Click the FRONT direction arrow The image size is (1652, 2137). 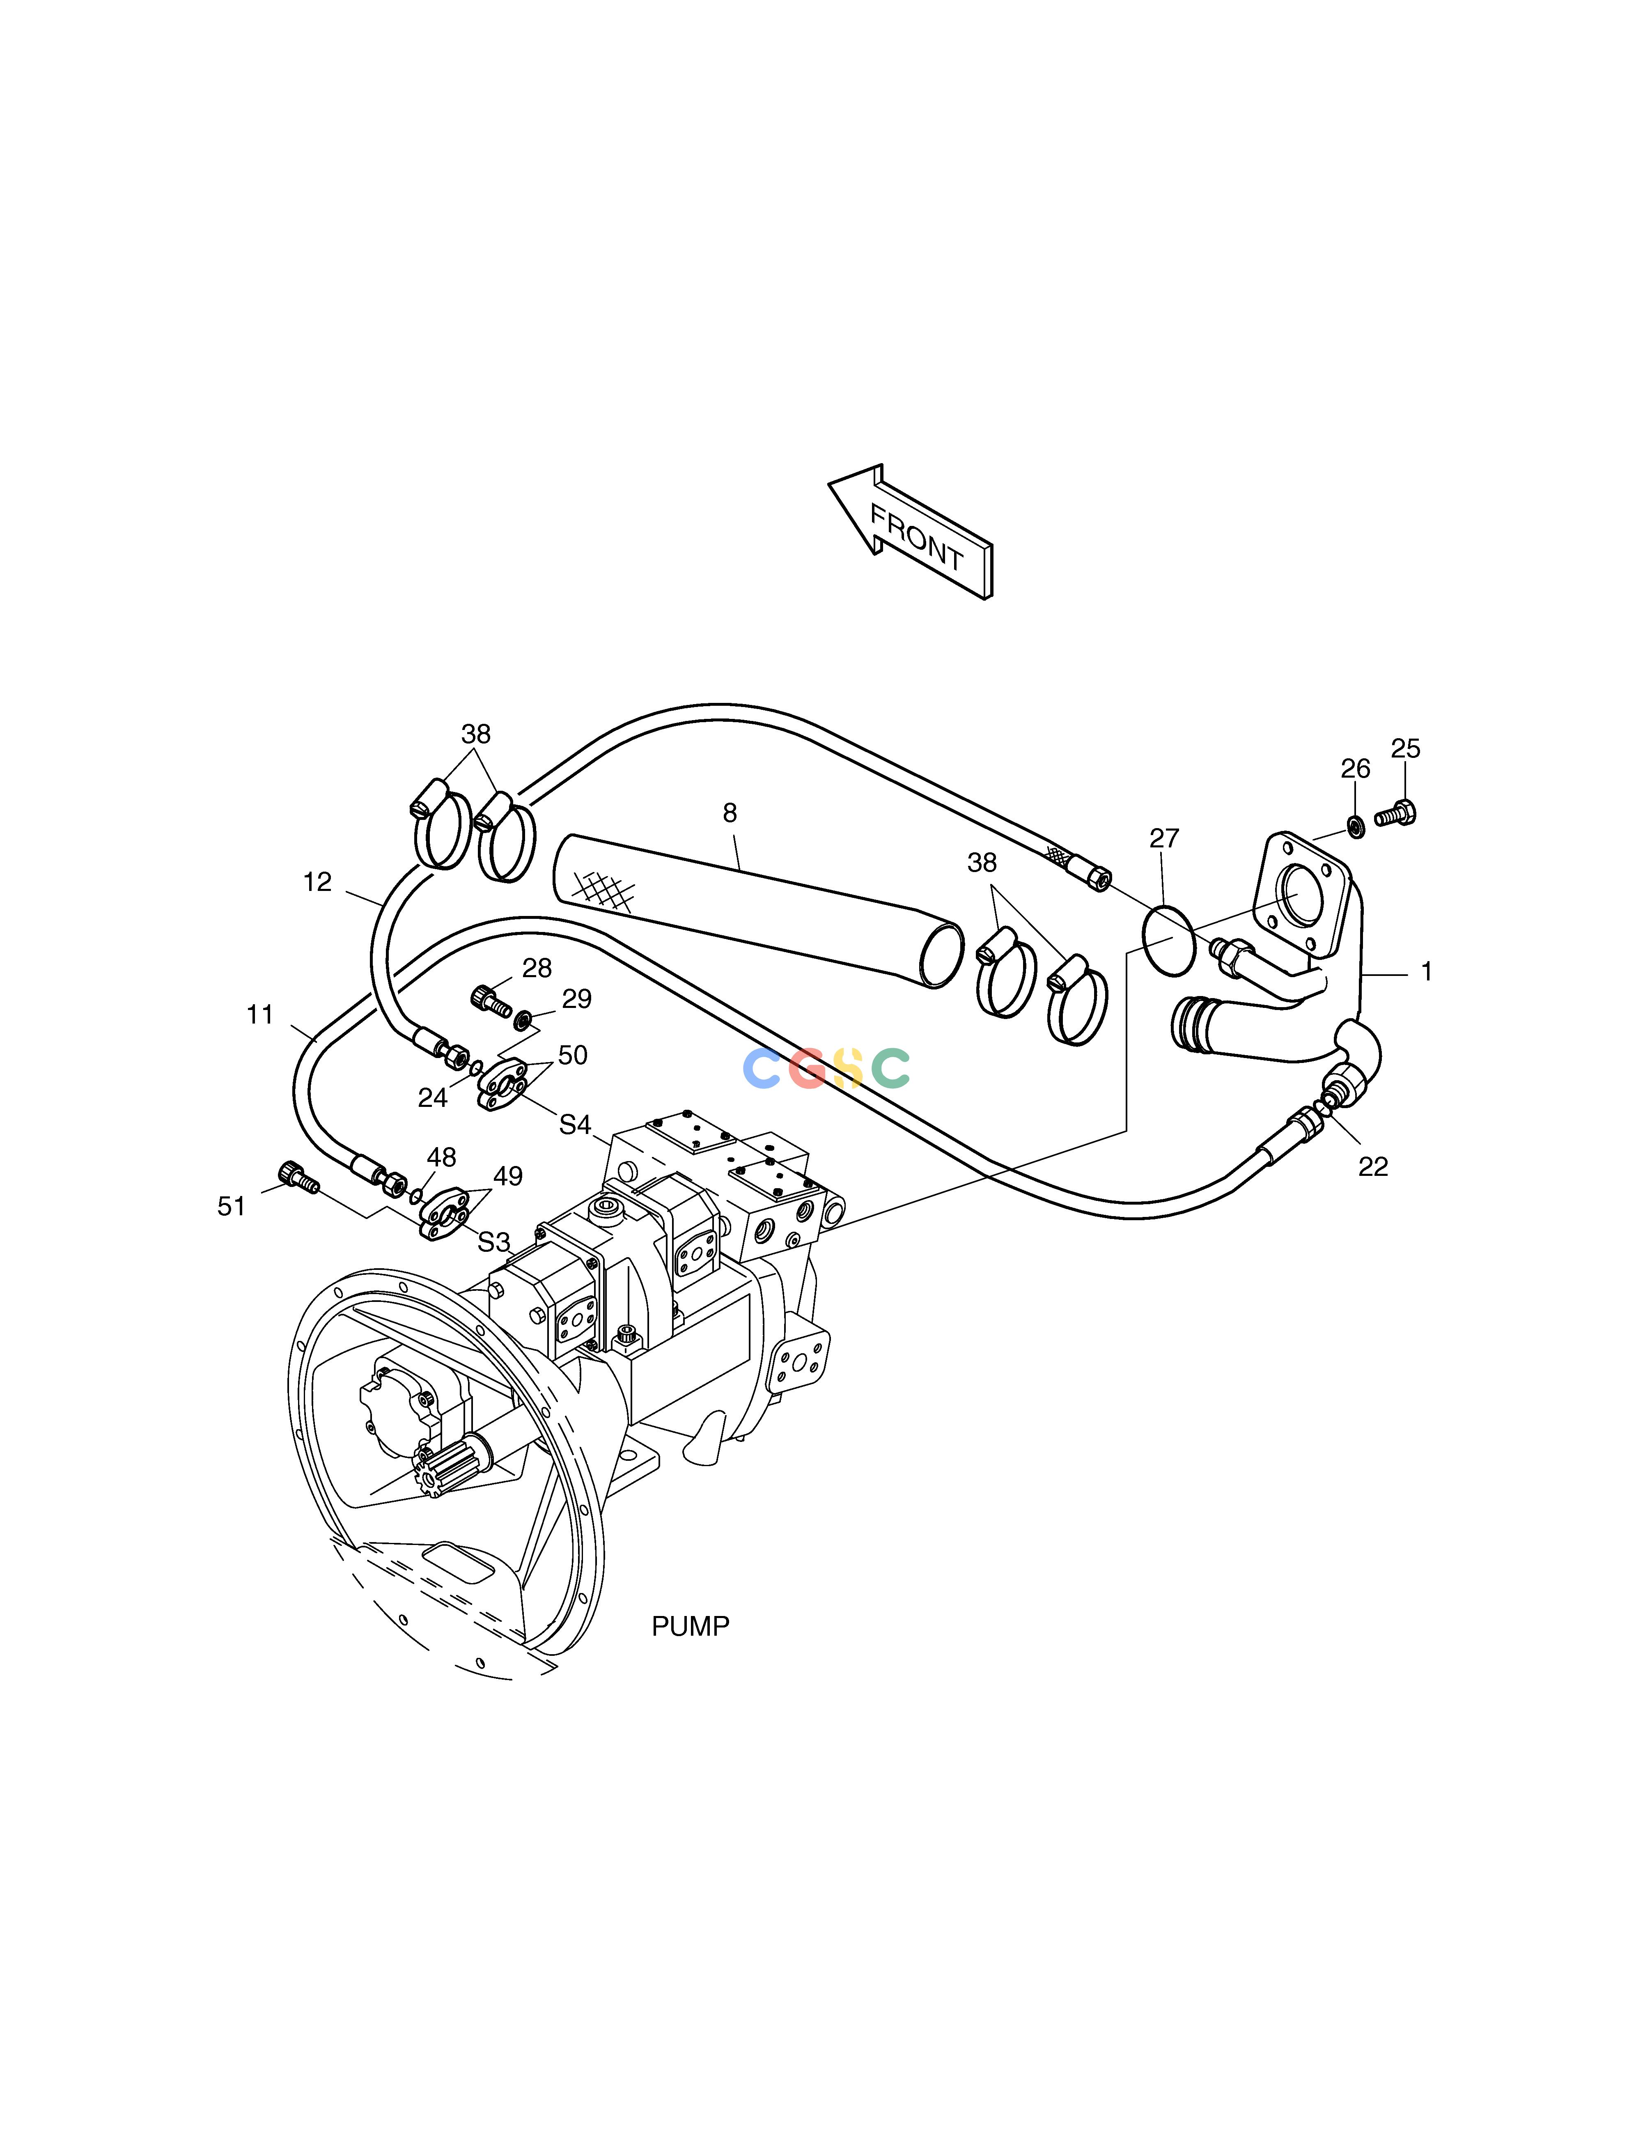[x=910, y=531]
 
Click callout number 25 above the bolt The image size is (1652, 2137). [x=1405, y=748]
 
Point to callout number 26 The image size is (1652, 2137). [x=1356, y=769]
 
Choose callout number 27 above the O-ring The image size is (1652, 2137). [x=1165, y=838]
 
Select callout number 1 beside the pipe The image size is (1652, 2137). [x=1427, y=972]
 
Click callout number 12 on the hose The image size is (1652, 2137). [x=317, y=883]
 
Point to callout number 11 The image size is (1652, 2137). [x=259, y=1016]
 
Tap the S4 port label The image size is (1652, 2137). [x=576, y=1125]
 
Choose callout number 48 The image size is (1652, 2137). [x=441, y=1157]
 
